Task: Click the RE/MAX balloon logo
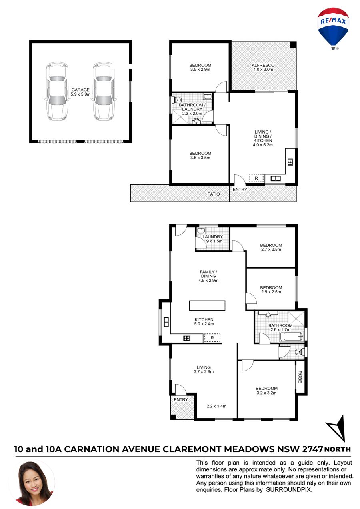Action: click(x=333, y=28)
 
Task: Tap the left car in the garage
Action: click(x=57, y=91)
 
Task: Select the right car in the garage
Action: click(x=104, y=91)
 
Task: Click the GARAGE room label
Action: click(x=80, y=90)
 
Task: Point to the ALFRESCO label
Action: click(x=263, y=65)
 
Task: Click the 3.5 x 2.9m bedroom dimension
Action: click(x=200, y=70)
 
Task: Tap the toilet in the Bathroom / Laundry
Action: click(x=178, y=100)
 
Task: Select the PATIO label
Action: click(x=214, y=194)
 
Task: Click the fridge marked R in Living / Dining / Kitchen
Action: click(x=256, y=178)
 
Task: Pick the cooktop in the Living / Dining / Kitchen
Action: click(x=290, y=162)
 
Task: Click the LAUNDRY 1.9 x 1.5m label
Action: click(x=212, y=239)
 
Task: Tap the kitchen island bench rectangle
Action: click(x=207, y=305)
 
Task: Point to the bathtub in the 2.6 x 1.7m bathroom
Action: click(x=292, y=336)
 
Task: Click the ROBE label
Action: click(x=300, y=377)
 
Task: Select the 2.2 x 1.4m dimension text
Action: click(x=216, y=406)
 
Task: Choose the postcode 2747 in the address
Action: click(x=312, y=449)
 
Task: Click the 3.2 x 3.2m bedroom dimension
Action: click(x=266, y=393)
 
